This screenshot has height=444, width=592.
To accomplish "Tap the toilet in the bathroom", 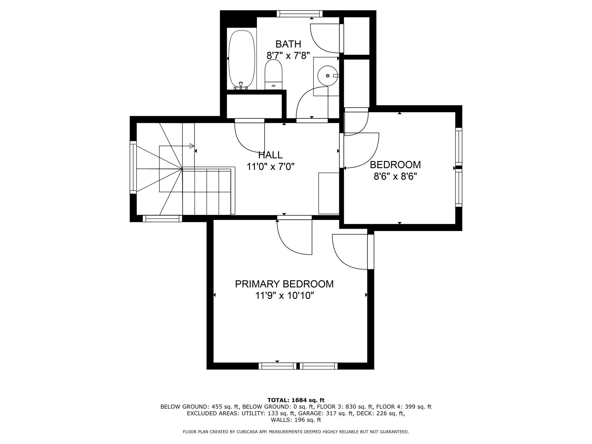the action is click(x=274, y=75).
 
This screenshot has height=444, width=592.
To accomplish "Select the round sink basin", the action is click(x=327, y=76).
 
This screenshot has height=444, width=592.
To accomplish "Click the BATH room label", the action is click(x=288, y=44).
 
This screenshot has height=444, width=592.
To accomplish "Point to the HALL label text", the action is click(x=270, y=155).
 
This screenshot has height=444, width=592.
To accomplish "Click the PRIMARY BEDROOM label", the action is click(x=284, y=284).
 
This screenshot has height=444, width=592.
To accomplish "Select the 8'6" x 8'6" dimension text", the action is click(x=395, y=177).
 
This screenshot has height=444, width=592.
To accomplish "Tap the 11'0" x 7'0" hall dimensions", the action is click(x=270, y=166).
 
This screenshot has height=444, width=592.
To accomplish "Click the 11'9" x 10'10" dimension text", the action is click(x=284, y=296).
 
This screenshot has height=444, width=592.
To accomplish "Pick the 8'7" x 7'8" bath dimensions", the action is click(x=288, y=55).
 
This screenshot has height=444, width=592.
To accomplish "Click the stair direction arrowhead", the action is click(x=192, y=146).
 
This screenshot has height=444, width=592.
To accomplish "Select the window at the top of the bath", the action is click(x=300, y=14).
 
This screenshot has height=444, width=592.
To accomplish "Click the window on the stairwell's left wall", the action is click(x=133, y=167).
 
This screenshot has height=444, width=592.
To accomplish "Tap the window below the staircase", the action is click(x=162, y=218).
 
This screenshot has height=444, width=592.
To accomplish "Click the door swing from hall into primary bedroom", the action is click(x=295, y=235).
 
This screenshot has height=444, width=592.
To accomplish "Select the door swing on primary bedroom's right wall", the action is click(x=353, y=252).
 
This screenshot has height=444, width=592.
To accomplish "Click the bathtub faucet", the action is click(x=241, y=86).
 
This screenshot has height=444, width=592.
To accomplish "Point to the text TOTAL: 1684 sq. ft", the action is click(x=296, y=400).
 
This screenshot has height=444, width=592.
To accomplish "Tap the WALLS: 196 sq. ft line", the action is click(x=296, y=420).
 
